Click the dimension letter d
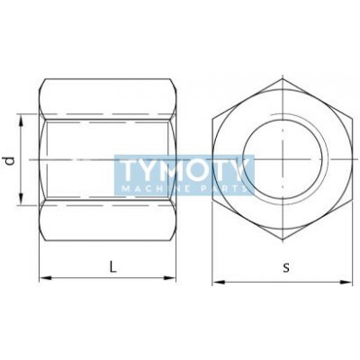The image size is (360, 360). (x=11, y=160)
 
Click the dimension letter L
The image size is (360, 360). (x=112, y=266)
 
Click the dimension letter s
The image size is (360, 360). (x=286, y=267)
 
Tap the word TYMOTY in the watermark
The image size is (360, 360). (x=184, y=170)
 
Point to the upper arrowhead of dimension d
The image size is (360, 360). (x=21, y=121)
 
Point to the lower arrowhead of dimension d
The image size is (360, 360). (x=21, y=199)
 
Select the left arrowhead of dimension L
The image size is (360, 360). (x=46, y=278)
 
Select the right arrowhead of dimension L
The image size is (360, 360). (x=169, y=278)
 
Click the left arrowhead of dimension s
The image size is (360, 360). (x=219, y=282)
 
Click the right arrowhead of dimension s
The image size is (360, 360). (x=346, y=282)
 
